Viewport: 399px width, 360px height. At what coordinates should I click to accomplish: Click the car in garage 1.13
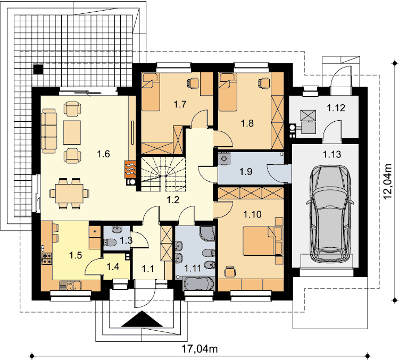330,214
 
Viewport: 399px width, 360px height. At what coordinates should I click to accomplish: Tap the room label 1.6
104,154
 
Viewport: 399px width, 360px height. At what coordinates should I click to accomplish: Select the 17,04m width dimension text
199,349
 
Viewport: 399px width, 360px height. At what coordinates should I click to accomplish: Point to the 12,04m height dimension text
387,182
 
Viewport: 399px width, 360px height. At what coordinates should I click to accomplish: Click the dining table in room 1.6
70,194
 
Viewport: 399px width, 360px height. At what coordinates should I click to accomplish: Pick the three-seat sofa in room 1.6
49,131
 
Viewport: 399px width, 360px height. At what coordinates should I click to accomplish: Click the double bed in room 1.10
263,241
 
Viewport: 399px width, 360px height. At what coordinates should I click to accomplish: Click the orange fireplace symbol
130,169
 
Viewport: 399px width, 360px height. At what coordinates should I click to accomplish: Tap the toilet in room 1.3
110,242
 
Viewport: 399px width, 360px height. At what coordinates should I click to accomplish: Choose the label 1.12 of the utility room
336,108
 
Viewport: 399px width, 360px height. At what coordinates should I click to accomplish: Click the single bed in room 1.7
151,92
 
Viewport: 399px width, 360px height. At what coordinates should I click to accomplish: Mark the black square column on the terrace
38,69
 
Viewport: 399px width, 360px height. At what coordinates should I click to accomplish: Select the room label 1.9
246,171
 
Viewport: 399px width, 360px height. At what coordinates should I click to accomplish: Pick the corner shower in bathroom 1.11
207,233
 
